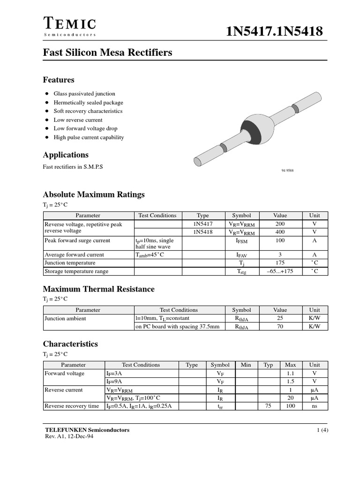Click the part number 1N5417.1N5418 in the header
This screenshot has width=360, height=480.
(x=274, y=31)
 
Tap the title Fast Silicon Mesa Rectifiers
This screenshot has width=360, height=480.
(x=107, y=52)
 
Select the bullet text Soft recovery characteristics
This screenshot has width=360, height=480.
(x=88, y=111)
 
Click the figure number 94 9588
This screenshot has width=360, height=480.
(x=287, y=170)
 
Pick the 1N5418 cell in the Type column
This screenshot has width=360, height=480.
(x=203, y=232)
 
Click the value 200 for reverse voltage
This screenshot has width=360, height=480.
(x=280, y=224)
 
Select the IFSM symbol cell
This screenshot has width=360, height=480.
(x=241, y=240)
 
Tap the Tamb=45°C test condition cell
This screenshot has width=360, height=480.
(x=150, y=255)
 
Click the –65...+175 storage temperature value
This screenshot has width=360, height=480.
(x=280, y=271)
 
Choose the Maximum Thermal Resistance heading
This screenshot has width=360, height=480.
(x=98, y=289)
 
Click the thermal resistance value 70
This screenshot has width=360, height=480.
(x=280, y=327)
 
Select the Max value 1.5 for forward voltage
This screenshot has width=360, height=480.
(x=291, y=382)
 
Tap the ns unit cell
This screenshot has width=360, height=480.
(x=315, y=406)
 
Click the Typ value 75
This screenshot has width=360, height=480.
(x=268, y=406)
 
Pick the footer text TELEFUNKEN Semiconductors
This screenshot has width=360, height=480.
(x=87, y=430)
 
